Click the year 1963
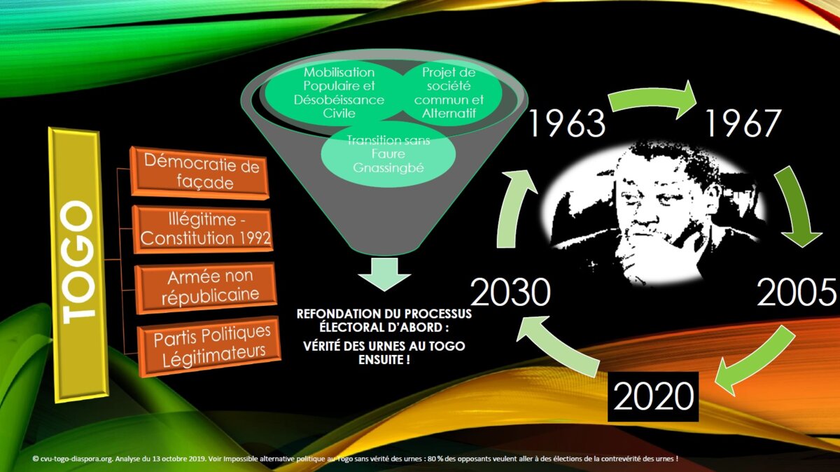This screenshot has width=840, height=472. click(567, 123)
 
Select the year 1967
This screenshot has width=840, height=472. click(743, 123)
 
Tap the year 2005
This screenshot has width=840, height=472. click(797, 292)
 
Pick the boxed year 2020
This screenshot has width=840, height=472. click(653, 396)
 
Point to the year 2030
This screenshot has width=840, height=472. click(510, 292)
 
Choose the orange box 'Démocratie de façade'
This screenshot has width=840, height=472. click(200, 172)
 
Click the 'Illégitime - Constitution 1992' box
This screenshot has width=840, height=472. click(203, 229)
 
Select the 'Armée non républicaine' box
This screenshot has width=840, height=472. click(206, 287)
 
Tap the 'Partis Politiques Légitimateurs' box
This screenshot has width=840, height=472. click(209, 346)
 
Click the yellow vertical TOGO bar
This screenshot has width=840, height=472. click(78, 265)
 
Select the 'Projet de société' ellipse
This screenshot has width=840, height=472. click(449, 92)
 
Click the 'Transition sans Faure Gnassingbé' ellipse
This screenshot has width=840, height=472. click(388, 154)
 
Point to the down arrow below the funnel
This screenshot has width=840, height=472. click(384, 274)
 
